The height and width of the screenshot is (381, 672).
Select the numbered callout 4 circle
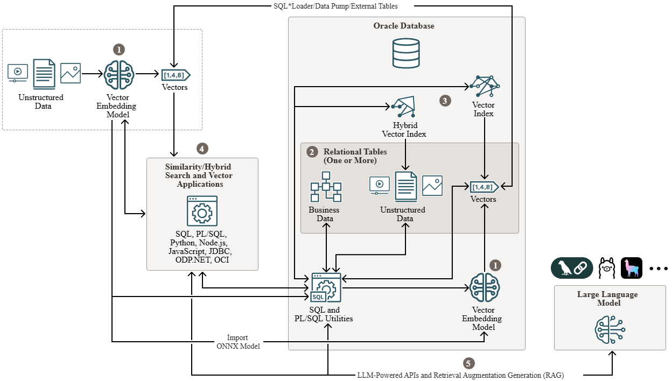coord(202,149)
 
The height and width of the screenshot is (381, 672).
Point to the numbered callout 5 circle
coord(470,363)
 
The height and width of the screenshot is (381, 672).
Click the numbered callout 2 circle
coord(312,152)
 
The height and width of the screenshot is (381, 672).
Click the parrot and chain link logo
coord(571,268)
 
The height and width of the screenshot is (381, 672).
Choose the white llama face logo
coord(607,268)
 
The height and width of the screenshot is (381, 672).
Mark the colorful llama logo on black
coord(632,268)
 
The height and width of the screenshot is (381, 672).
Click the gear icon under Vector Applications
coord(202,211)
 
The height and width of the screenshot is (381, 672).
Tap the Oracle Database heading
coord(404,26)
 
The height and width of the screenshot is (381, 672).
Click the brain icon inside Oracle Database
coord(485,288)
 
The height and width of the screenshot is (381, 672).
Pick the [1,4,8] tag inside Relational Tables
coord(484,187)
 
